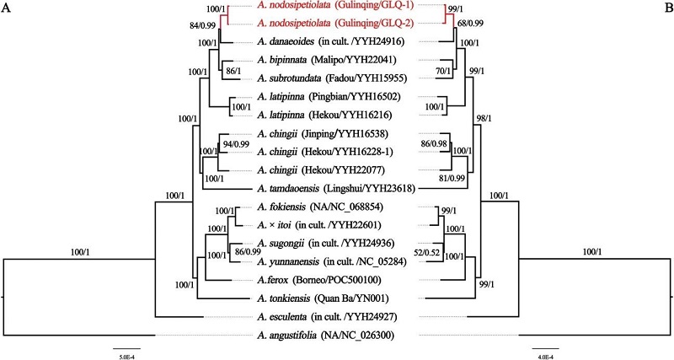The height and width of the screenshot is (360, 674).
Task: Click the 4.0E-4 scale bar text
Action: pos(542,357)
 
